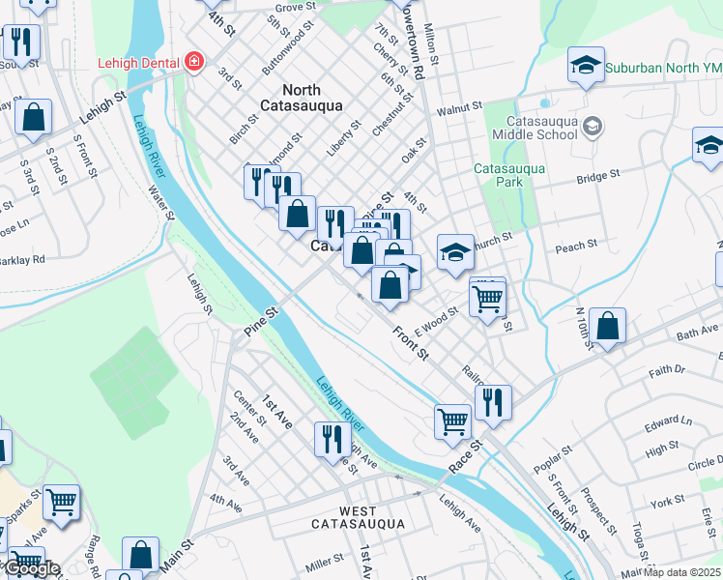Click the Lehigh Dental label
coord(139,63)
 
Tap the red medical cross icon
coord(194,62)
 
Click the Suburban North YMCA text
coord(663,69)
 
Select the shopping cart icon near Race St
coord(451,420)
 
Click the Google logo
coord(31,568)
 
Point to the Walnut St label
coord(459,111)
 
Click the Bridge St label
coord(597,177)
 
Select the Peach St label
coord(577,248)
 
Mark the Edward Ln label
coord(668,422)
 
